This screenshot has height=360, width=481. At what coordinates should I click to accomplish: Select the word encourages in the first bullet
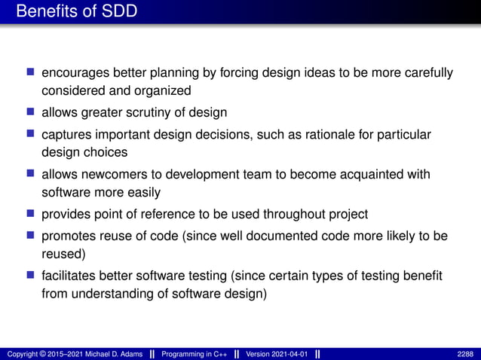click(x=75, y=73)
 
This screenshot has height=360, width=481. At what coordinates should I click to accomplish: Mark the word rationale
click(x=326, y=135)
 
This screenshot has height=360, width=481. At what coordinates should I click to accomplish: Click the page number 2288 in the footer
click(x=466, y=354)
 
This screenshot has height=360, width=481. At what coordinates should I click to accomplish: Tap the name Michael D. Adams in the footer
click(x=108, y=354)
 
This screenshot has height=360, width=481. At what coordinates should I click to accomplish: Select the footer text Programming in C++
click(x=195, y=354)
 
